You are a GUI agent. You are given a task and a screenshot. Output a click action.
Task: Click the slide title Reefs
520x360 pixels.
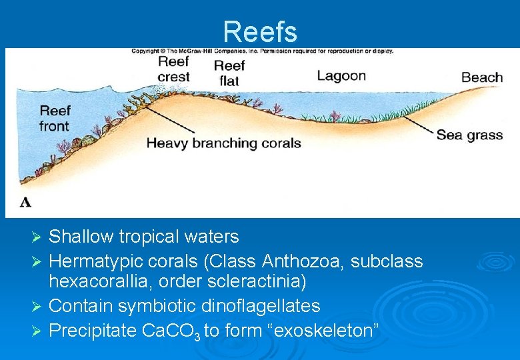(x=260, y=31)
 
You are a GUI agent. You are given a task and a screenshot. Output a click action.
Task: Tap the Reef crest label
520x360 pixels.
(x=173, y=69)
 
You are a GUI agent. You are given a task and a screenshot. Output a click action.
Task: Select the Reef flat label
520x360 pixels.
(x=229, y=73)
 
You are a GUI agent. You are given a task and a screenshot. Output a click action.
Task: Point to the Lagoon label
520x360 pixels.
(x=341, y=75)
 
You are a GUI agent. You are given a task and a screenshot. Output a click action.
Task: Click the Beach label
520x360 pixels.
(x=482, y=77)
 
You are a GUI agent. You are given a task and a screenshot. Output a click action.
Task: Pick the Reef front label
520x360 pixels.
(x=54, y=118)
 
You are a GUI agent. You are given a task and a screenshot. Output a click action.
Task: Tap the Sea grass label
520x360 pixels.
(x=469, y=135)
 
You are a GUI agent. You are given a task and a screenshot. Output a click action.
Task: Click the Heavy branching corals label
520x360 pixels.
(x=223, y=143)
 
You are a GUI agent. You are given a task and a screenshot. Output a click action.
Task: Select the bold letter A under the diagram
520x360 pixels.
(x=25, y=201)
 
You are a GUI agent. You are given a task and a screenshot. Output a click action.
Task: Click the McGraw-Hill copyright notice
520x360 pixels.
(x=262, y=51)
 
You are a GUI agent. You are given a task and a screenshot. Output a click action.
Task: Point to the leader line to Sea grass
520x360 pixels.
(x=420, y=126)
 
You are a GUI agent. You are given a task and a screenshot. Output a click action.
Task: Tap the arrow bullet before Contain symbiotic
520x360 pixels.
(x=38, y=307)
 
